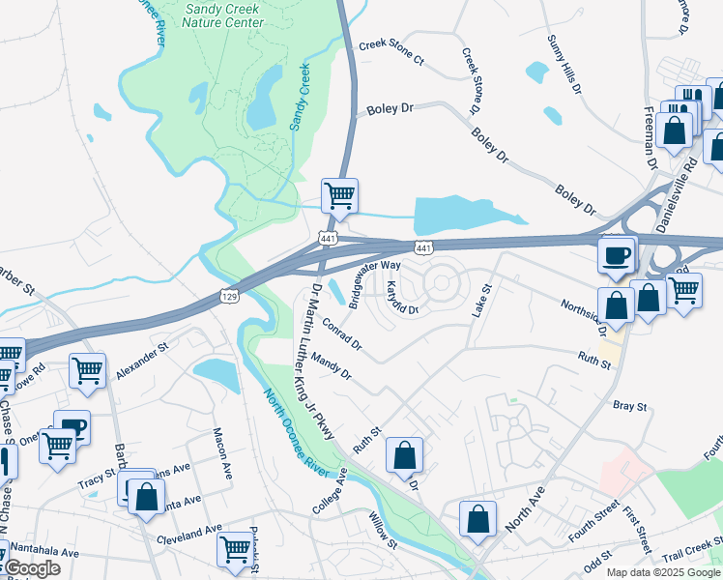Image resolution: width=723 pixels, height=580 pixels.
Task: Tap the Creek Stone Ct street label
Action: click(x=391, y=52)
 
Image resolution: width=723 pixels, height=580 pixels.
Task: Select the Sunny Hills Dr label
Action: click(x=564, y=64)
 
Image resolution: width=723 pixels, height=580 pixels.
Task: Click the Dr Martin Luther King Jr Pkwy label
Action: click(x=318, y=363)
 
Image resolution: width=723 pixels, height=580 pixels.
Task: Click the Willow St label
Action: click(x=383, y=531)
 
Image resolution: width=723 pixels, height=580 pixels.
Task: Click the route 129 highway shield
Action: click(x=228, y=292)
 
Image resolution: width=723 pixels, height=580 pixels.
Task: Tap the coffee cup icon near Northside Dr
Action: click(x=617, y=255)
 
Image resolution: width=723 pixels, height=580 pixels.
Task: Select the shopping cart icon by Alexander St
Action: click(x=87, y=370)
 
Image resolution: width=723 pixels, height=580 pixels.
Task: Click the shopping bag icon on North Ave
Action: click(x=478, y=519)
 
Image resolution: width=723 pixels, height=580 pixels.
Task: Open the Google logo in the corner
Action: click(x=31, y=568)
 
